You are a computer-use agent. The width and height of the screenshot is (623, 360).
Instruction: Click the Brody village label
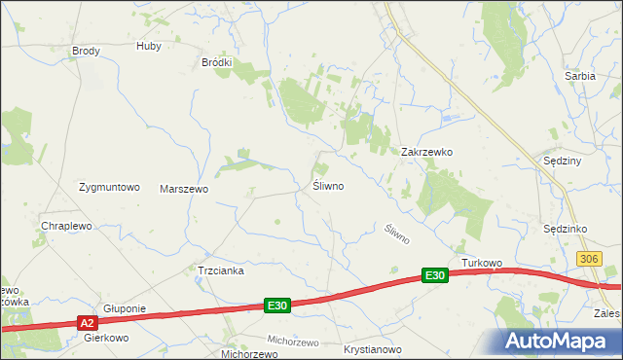87,51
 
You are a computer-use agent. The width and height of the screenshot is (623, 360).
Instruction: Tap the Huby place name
149,46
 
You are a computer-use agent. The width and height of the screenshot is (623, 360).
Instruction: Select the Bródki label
216,62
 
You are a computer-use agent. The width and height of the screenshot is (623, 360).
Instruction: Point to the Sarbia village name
580,75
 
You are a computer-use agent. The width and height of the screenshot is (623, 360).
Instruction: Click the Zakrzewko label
427,152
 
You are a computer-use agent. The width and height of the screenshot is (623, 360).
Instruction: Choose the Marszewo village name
184,189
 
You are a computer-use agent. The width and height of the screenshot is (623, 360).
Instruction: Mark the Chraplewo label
66,226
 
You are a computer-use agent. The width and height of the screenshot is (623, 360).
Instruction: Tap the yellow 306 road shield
588,258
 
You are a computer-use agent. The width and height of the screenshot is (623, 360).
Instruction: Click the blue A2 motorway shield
87,322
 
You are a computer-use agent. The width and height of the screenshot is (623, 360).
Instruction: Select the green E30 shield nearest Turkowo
435,276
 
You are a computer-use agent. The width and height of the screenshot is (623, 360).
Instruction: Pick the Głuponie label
125,308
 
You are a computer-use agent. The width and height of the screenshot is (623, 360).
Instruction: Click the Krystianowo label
373,348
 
